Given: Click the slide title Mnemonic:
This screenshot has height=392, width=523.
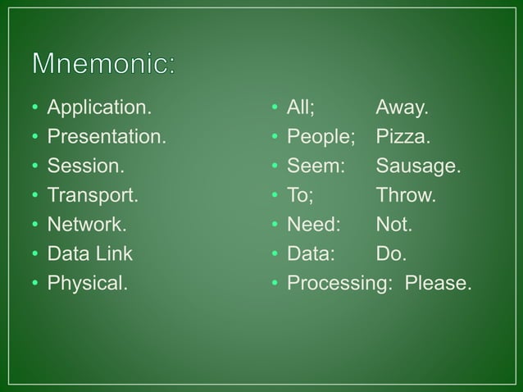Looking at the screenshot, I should coord(103,64).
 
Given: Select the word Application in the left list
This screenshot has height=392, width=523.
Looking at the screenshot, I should coord(99,107).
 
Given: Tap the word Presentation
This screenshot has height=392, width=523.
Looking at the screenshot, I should coord(106,136).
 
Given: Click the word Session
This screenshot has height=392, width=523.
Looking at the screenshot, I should coord(86,166).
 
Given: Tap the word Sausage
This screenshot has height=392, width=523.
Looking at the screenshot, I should coord(418,166).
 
